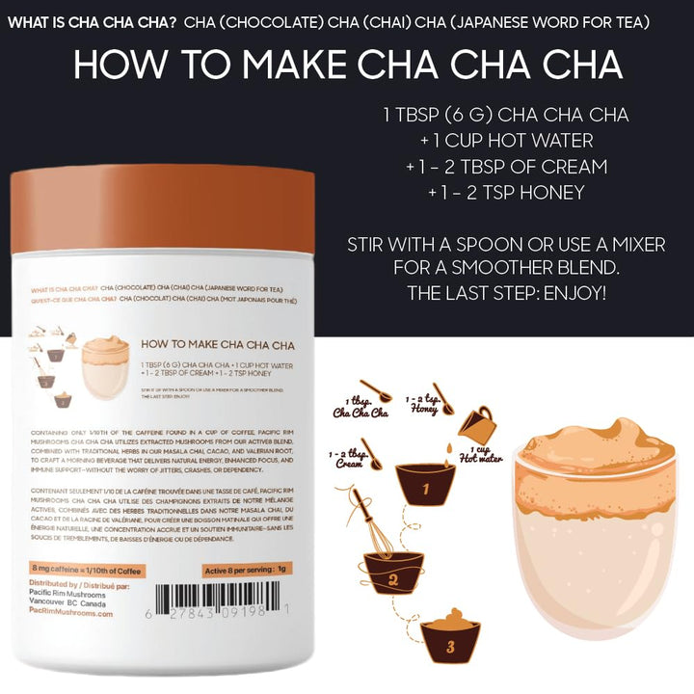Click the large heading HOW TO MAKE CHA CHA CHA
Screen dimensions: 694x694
pyautogui.click(x=347, y=65)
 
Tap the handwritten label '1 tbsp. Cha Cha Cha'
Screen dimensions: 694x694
pyautogui.click(x=359, y=407)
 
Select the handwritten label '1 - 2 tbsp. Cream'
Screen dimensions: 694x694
pyautogui.click(x=350, y=458)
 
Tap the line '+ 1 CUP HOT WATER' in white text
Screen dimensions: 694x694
pyautogui.click(x=505, y=141)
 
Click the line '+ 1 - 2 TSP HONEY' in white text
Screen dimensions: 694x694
pyautogui.click(x=505, y=193)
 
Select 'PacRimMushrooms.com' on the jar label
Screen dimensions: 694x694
pyautogui.click(x=71, y=613)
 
